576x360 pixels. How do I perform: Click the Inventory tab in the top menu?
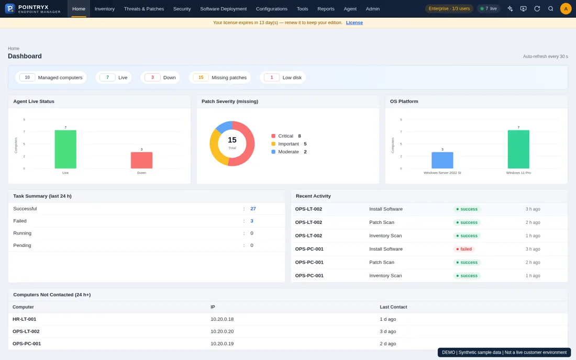pyautogui.click(x=104, y=9)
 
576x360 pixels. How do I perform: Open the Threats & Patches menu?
pyautogui.click(x=143, y=9)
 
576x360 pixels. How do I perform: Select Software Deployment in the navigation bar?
pyautogui.click(x=224, y=9)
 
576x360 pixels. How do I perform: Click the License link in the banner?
pyautogui.click(x=354, y=22)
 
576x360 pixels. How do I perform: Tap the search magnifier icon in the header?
pyautogui.click(x=551, y=9)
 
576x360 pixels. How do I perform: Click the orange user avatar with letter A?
pyautogui.click(x=566, y=9)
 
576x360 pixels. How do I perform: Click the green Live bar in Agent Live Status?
pyautogui.click(x=65, y=149)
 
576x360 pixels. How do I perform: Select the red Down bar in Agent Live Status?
pyautogui.click(x=141, y=160)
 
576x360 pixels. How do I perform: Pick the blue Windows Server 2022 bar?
pyautogui.click(x=442, y=160)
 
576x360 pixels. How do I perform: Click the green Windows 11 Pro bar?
pyautogui.click(x=518, y=149)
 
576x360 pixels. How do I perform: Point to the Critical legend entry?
pyautogui.click(x=286, y=136)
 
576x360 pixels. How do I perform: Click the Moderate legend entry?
pyautogui.click(x=289, y=152)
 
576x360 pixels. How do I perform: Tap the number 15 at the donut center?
pyautogui.click(x=232, y=140)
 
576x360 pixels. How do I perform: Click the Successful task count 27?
pyautogui.click(x=253, y=209)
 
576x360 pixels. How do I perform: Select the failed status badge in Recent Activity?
pyautogui.click(x=464, y=249)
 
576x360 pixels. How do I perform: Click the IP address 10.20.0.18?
pyautogui.click(x=222, y=319)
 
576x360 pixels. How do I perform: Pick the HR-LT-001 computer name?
pyautogui.click(x=24, y=319)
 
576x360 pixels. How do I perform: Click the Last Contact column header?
pyautogui.click(x=393, y=307)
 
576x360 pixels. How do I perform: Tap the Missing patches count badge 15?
pyautogui.click(x=201, y=77)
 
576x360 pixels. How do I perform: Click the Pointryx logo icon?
pyautogui.click(x=10, y=8)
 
